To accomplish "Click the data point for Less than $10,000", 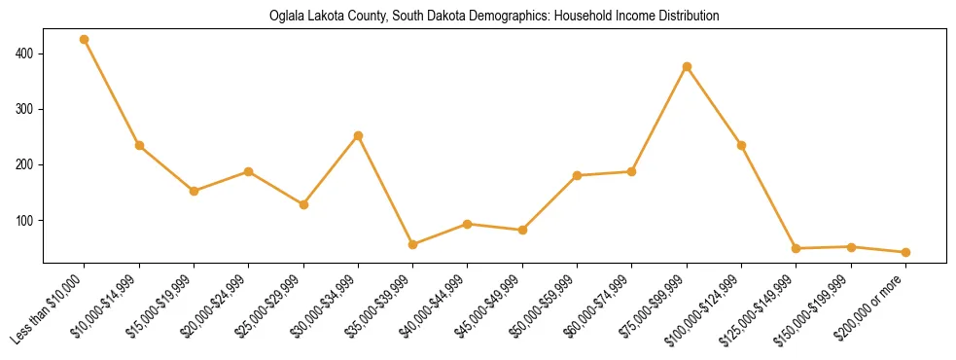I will click(85, 40).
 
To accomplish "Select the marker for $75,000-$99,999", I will click(687, 66).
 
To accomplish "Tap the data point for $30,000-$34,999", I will click(358, 135).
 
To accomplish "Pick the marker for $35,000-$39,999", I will click(413, 244).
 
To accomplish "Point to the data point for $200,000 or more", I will click(905, 252).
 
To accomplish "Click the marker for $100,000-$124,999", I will click(741, 145).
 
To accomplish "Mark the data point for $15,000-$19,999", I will click(194, 191).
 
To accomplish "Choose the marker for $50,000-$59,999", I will click(577, 175).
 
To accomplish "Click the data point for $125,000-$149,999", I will click(796, 248).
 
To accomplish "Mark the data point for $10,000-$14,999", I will click(139, 145).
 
